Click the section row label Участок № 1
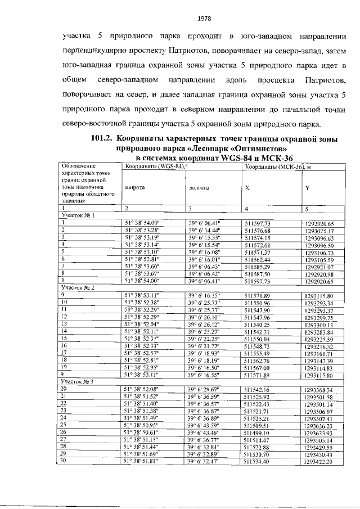click(x=74, y=215)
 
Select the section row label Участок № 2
click(x=74, y=287)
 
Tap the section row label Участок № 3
click(x=74, y=366)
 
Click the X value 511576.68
click(x=258, y=231)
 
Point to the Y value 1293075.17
click(x=319, y=231)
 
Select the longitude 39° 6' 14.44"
click(x=206, y=231)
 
